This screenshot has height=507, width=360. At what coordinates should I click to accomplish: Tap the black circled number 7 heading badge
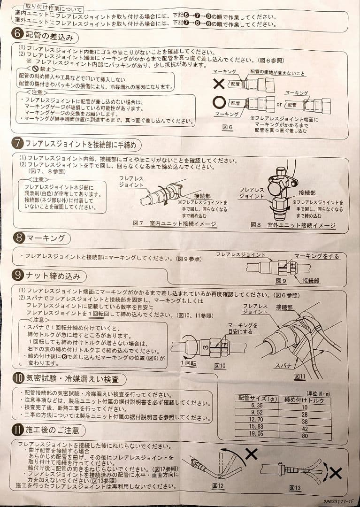[17, 144]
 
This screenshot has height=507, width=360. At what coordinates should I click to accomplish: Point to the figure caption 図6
[228, 128]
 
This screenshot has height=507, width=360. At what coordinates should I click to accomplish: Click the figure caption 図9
[281, 280]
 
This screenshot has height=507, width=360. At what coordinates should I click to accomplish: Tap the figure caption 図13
[295, 488]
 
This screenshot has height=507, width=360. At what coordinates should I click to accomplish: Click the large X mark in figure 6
[218, 84]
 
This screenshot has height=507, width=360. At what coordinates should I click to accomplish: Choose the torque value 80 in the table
[304, 436]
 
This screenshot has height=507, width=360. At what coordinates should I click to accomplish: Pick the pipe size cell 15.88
[257, 428]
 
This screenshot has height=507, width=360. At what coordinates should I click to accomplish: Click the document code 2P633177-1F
[338, 501]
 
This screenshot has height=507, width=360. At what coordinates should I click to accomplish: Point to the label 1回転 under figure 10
[188, 363]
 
